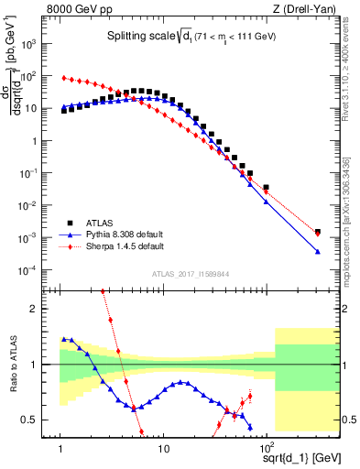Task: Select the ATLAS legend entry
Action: click(x=105, y=223)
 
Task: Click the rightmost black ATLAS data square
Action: click(x=318, y=233)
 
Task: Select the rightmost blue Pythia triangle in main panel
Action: click(x=318, y=252)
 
